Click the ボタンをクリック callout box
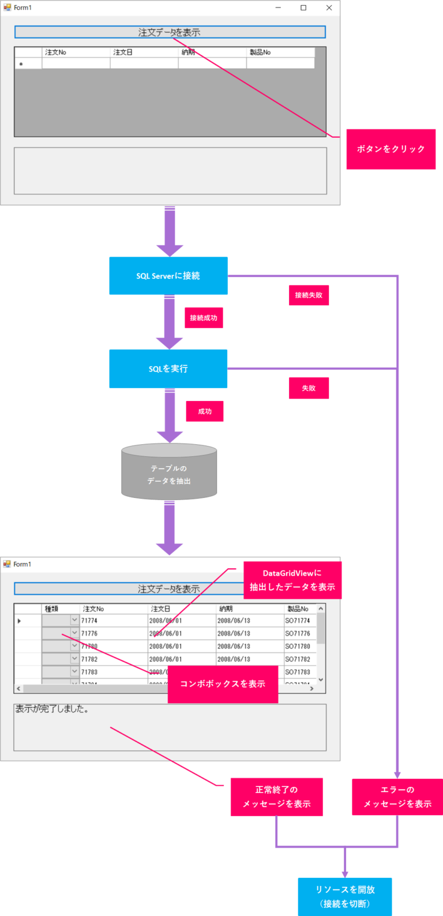pos(391,149)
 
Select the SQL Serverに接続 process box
pos(168,276)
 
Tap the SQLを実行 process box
pos(168,369)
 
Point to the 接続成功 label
pos(204,318)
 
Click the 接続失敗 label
pos(309,295)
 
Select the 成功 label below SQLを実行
pos(204,411)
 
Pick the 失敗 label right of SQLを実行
pos(309,388)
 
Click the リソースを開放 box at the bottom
pos(345,896)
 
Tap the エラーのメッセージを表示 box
pos(397,797)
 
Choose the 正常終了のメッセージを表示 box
pos(276,797)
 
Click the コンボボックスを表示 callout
pos(223,684)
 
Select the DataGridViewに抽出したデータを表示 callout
pos(292,580)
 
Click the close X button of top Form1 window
pos(329,7)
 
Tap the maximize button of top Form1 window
pos(303,7)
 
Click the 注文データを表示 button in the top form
pos(170,32)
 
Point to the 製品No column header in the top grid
pos(260,52)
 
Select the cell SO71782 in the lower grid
pos(298,659)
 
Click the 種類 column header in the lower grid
pos(52,609)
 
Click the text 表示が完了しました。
pos(52,709)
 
